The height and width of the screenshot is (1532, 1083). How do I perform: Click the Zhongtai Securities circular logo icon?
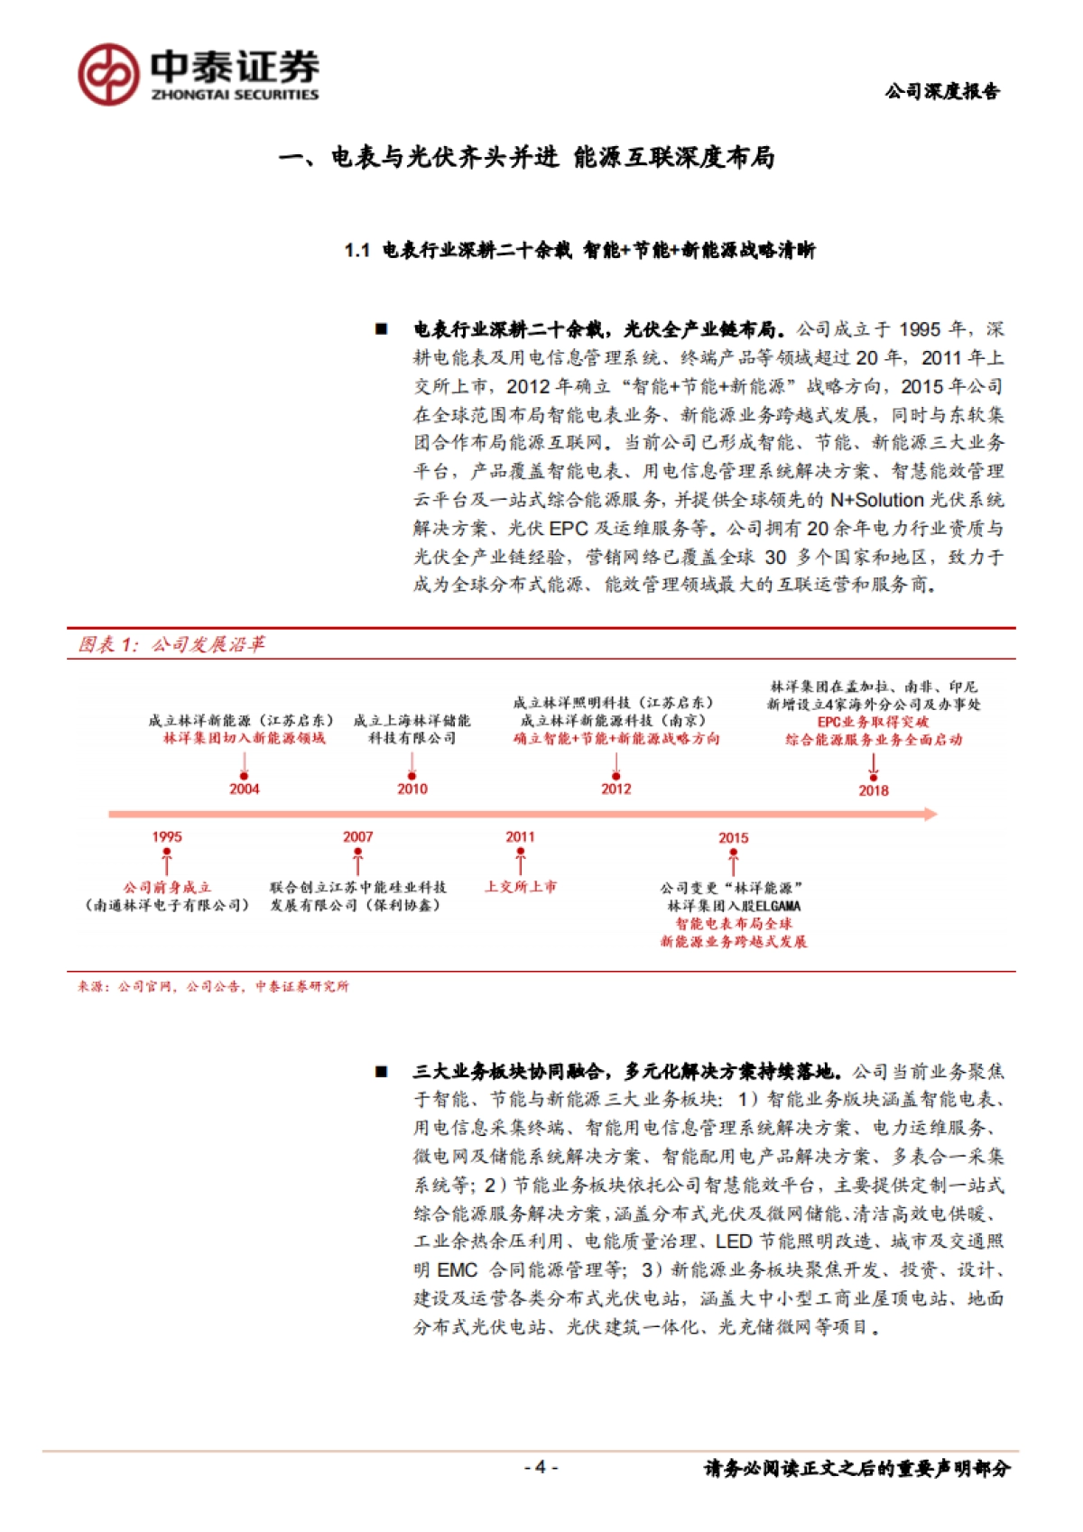(x=108, y=74)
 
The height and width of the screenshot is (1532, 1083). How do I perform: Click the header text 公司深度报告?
(x=942, y=91)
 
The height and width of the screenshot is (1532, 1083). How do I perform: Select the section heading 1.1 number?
(x=357, y=251)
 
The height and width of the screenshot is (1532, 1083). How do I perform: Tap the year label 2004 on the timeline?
(x=244, y=789)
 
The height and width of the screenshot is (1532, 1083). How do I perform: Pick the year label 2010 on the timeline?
(x=412, y=789)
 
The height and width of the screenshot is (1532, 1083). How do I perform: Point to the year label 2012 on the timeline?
(x=616, y=789)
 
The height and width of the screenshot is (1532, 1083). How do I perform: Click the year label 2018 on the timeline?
(x=874, y=790)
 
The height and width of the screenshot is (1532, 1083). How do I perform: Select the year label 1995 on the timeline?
(x=167, y=837)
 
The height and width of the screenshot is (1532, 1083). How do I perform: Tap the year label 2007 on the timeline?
(x=357, y=837)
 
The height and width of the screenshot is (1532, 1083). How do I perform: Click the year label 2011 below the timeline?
(x=520, y=837)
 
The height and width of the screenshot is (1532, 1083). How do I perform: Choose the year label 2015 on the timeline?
(x=733, y=838)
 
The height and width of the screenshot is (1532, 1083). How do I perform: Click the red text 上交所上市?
(x=520, y=887)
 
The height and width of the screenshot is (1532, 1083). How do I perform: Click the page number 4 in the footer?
(x=540, y=1467)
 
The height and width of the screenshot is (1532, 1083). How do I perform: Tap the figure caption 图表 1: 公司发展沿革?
(x=171, y=644)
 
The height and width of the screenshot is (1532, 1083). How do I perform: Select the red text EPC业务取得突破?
(x=873, y=722)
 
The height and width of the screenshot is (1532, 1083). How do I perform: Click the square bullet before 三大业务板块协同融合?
(x=382, y=1072)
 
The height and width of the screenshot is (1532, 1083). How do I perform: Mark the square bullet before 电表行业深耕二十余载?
(x=382, y=329)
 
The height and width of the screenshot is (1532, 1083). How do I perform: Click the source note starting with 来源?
(x=213, y=986)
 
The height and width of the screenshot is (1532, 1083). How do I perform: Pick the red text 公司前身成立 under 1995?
(x=167, y=888)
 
